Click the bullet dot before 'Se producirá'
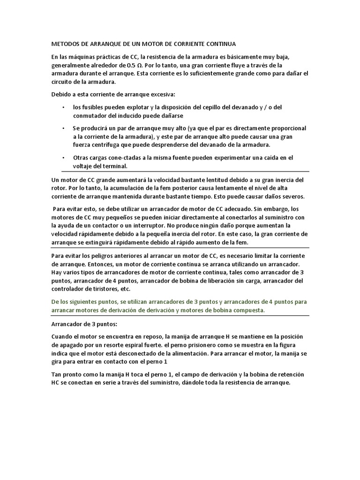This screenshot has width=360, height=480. (64, 128)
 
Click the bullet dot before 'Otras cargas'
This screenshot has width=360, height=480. (64, 157)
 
